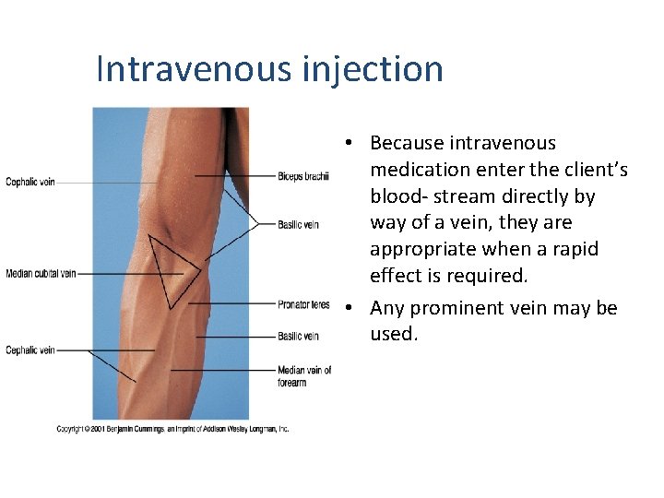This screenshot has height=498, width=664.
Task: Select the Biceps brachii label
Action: [x=302, y=176]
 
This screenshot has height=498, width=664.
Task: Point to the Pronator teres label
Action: [x=302, y=304]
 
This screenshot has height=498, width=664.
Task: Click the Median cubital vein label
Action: [x=41, y=274]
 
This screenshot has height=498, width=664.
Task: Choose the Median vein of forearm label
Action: [x=304, y=376]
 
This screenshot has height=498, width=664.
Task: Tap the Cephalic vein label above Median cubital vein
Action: [x=30, y=183]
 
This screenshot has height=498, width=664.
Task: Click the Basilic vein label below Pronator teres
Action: [x=298, y=337]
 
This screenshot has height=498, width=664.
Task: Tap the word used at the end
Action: [x=394, y=334]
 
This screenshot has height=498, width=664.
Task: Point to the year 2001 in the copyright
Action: [x=102, y=429]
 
